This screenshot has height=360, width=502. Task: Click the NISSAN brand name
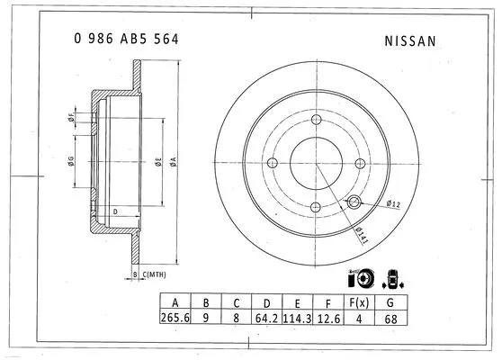(x=410, y=40)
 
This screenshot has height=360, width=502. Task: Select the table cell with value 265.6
(x=173, y=319)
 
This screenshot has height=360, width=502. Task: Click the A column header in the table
(x=173, y=302)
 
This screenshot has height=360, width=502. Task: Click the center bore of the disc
(x=316, y=164)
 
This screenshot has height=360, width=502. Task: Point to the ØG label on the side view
(x=70, y=163)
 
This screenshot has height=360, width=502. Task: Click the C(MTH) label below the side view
(x=155, y=274)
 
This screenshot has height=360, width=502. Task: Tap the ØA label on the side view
(x=173, y=163)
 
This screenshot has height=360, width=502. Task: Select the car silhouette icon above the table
(x=393, y=278)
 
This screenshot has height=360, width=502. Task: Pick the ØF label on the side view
(x=70, y=118)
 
